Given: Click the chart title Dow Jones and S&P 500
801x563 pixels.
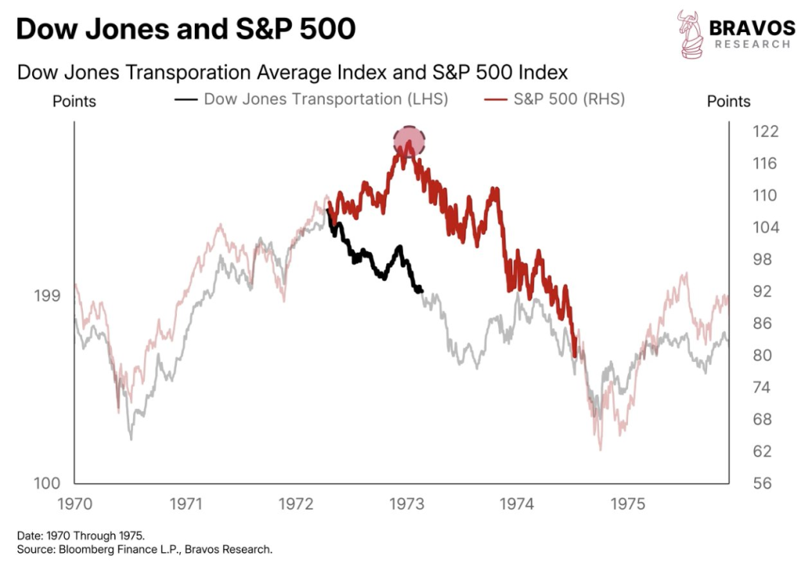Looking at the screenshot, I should (x=185, y=30).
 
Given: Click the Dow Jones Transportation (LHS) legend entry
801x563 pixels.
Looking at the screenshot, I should (x=313, y=99).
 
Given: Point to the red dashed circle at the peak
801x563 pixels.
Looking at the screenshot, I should (x=408, y=142).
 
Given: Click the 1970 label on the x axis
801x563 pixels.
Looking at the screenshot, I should (x=74, y=504).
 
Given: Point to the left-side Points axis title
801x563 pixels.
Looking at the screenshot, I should (x=74, y=102).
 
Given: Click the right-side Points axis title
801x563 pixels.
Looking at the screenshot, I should (x=728, y=102).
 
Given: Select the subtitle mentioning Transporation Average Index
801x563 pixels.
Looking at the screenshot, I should (x=292, y=73).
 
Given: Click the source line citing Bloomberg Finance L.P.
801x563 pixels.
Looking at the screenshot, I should (x=145, y=550).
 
